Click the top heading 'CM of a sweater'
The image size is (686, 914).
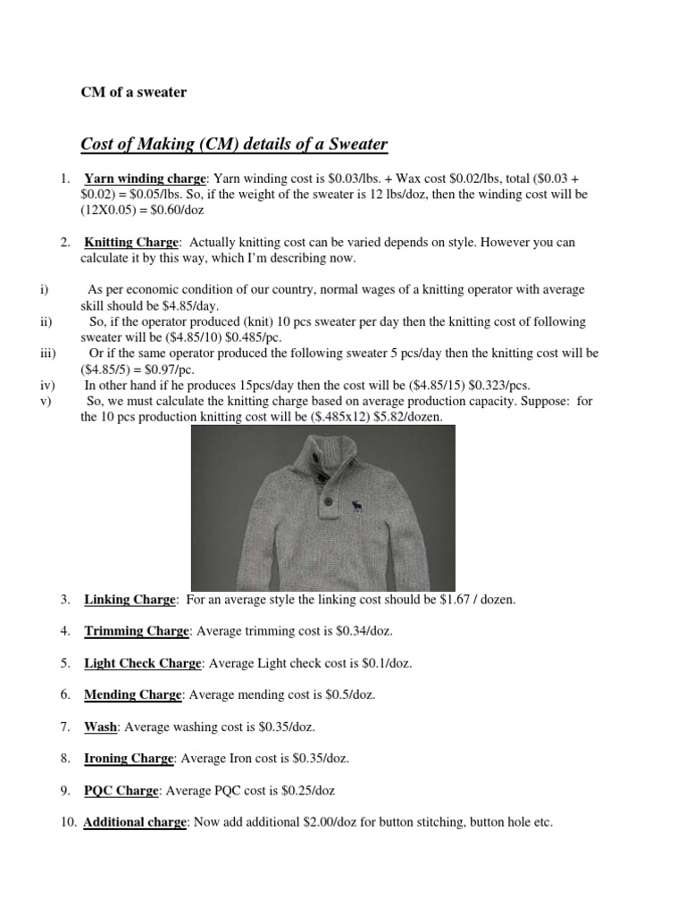pos(133,91)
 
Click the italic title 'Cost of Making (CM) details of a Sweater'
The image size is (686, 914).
pos(234,144)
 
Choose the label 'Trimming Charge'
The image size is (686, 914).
pos(137,631)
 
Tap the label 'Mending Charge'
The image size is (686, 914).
pos(133,694)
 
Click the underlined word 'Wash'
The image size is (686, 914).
pos(101,727)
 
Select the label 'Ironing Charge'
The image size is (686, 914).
pos(130,759)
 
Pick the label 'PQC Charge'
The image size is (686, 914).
pos(121,791)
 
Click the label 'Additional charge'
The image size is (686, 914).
pos(135,823)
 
